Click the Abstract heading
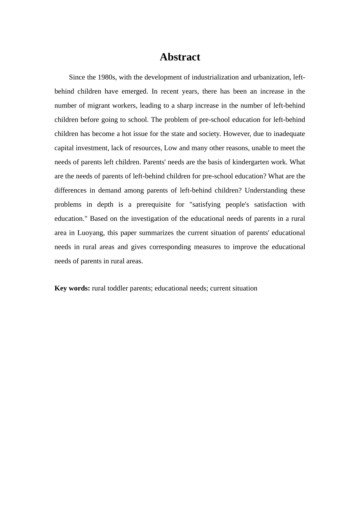tap(180, 57)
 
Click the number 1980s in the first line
tap(106, 77)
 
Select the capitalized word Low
tap(171, 148)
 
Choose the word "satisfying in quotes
tap(205, 205)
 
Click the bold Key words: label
tap(72, 288)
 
